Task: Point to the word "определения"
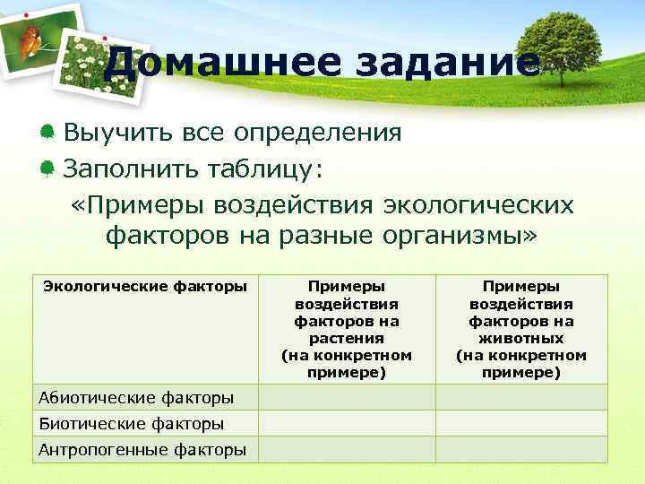tap(317, 134)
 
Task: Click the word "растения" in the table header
tap(347, 338)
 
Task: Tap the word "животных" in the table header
tap(521, 338)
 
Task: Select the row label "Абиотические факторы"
tap(136, 397)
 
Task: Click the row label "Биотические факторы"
tap(131, 423)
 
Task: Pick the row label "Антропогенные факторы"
tap(142, 450)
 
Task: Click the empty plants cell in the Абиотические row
tap(347, 397)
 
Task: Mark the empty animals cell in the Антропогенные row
tap(521, 450)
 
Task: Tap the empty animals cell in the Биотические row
tap(521, 423)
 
